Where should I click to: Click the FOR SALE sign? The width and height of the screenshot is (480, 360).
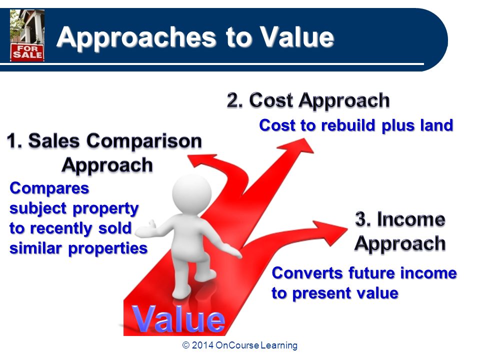[27, 52]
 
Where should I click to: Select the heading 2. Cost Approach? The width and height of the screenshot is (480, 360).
[308, 100]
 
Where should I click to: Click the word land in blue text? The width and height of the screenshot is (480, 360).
[436, 125]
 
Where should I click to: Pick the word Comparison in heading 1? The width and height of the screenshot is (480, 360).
[144, 141]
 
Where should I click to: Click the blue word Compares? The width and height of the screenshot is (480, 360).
[49, 188]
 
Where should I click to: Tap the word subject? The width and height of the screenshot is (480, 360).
[38, 209]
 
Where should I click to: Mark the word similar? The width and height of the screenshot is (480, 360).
[35, 248]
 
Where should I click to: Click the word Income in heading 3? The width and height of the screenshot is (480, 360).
[411, 219]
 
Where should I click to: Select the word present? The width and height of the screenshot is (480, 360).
[321, 293]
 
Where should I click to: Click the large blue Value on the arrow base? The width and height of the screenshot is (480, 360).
[179, 319]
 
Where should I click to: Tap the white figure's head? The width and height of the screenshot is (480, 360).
[192, 192]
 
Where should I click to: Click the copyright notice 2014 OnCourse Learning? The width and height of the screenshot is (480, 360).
[240, 345]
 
